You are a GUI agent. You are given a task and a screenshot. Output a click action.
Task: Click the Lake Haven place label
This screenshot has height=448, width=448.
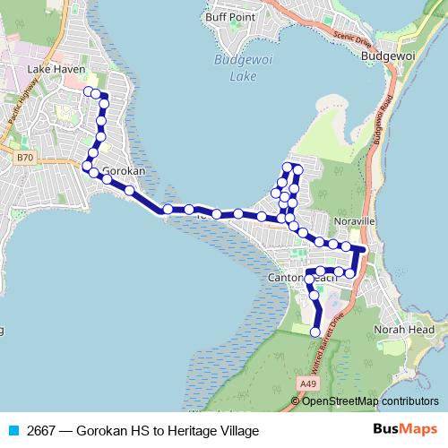[x=56, y=69]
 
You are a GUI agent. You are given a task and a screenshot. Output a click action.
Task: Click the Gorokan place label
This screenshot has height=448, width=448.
[x=125, y=170]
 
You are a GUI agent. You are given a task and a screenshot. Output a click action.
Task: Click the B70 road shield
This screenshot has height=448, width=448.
[x=25, y=158]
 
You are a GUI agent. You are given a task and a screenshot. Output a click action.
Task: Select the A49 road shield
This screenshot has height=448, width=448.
[x=309, y=383]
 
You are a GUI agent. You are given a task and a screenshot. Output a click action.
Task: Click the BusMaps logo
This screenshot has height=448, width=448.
[x=404, y=429]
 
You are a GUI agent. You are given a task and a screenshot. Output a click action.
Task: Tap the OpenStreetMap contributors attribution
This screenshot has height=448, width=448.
[x=369, y=401]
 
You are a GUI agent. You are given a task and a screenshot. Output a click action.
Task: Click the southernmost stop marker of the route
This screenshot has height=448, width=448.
[x=314, y=332]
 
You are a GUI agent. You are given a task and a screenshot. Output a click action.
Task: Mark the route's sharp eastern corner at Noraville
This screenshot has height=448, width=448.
[x=364, y=247]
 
